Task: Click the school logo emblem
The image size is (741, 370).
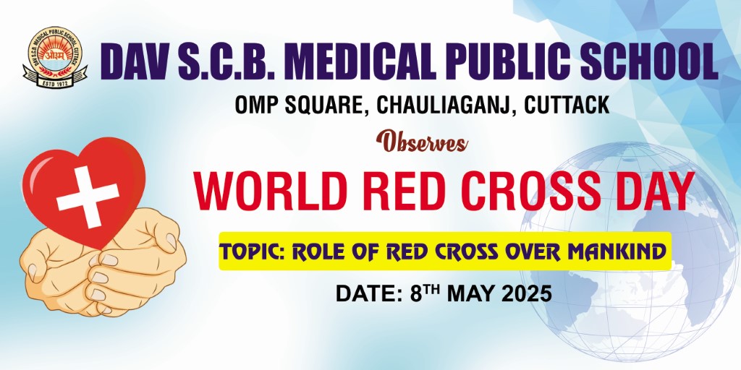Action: pos(55,57)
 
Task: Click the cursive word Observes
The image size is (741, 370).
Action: pos(422,142)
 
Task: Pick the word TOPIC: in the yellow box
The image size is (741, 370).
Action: pos(253,252)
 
